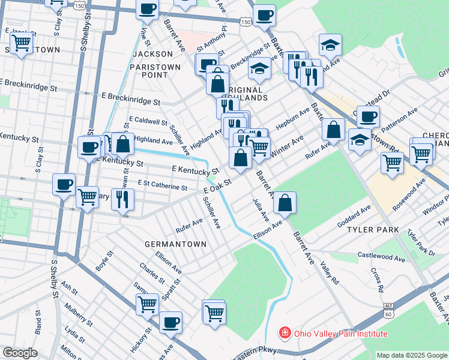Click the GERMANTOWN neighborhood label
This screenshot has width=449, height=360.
tap(175, 244)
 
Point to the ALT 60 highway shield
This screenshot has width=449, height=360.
tap(389, 310)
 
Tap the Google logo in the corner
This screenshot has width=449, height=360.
tap(20, 353)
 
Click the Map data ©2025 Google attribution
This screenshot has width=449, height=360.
tap(412, 355)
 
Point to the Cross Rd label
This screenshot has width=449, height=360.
tap(376, 278)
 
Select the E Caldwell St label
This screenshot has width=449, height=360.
tap(148, 121)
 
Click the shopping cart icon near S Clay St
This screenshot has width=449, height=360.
tap(22, 43)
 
